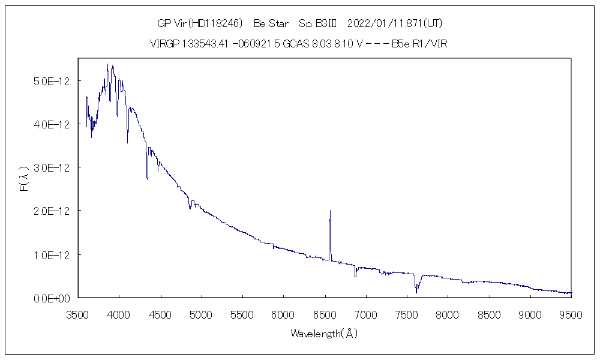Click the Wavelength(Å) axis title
coord(324,334)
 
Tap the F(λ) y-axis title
coord(24,179)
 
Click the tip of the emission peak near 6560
coord(330,211)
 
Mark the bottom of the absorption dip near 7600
coord(416,293)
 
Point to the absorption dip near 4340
coord(147,179)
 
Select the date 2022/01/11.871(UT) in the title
coord(395,23)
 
